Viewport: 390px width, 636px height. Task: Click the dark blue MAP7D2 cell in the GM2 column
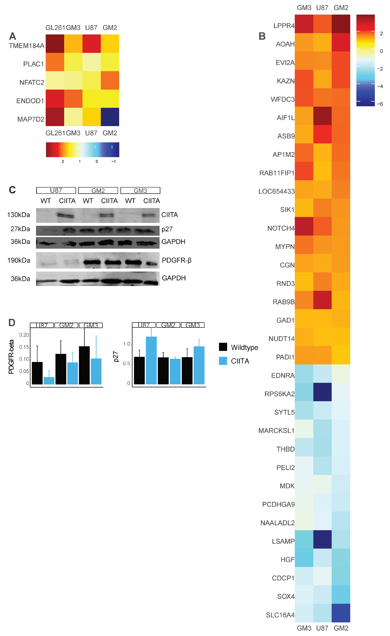tap(110, 117)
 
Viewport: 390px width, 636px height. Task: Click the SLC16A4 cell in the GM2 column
tap(341, 613)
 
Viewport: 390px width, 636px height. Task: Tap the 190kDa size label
tap(19, 260)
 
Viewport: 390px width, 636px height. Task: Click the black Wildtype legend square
tap(223, 347)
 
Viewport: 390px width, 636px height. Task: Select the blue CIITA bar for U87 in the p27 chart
tap(151, 360)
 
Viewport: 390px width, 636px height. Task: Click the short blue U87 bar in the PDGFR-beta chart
tap(49, 381)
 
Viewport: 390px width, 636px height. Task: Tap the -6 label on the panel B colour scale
tap(380, 104)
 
